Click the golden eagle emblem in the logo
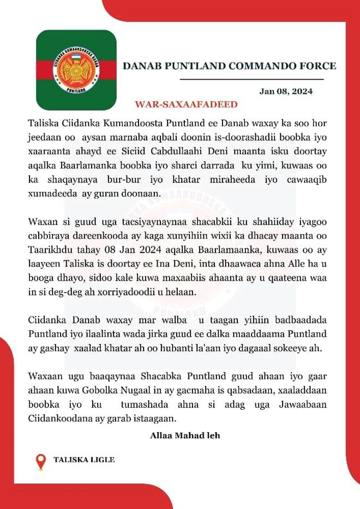pyautogui.click(x=76, y=70)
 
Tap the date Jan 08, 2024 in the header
pyautogui.click(x=286, y=92)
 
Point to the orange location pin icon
pyautogui.click(x=40, y=462)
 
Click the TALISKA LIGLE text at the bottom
pyautogui.click(x=84, y=460)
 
